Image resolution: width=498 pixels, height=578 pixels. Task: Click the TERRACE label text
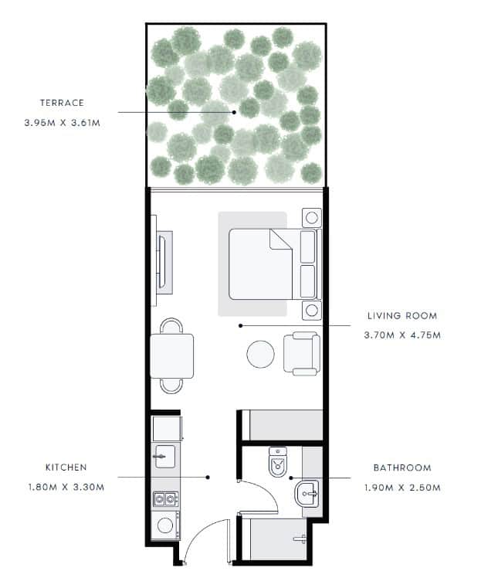(x=62, y=103)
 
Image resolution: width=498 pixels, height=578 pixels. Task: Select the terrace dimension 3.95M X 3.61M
(x=63, y=123)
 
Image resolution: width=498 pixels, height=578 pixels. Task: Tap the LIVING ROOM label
(x=402, y=316)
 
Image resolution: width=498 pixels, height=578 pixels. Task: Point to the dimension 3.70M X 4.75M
(x=402, y=335)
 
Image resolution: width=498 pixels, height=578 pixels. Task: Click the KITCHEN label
(x=66, y=467)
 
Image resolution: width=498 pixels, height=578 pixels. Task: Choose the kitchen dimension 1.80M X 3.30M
(x=66, y=487)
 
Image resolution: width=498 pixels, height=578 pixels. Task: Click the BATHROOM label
(x=402, y=467)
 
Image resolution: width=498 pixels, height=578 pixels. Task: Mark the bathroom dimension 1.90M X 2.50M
(x=402, y=488)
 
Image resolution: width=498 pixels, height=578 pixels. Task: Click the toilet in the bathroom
(x=278, y=462)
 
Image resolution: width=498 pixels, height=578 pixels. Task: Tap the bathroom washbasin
(x=307, y=494)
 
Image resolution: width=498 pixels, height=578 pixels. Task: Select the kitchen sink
(x=165, y=457)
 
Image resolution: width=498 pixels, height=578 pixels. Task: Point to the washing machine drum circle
(x=165, y=525)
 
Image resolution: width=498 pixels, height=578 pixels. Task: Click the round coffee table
(x=260, y=354)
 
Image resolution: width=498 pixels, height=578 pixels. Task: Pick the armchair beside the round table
(x=302, y=353)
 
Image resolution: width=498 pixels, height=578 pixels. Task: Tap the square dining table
(x=172, y=356)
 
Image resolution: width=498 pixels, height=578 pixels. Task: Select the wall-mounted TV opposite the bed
(x=161, y=261)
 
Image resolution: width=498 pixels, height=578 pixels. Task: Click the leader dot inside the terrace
(x=234, y=112)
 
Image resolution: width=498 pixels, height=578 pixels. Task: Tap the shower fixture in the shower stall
(x=300, y=539)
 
